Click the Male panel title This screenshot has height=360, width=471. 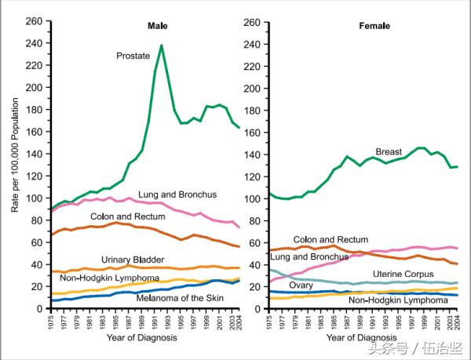(x=158, y=26)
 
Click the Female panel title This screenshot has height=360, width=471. (x=374, y=26)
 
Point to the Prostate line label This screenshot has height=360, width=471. (x=133, y=56)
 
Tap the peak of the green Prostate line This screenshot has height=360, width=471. (x=162, y=45)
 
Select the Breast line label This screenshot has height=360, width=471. (x=389, y=151)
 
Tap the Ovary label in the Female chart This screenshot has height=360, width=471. (x=301, y=285)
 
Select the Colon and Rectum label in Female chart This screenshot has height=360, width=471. (x=330, y=239)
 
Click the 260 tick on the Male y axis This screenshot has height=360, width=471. (x=36, y=22)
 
